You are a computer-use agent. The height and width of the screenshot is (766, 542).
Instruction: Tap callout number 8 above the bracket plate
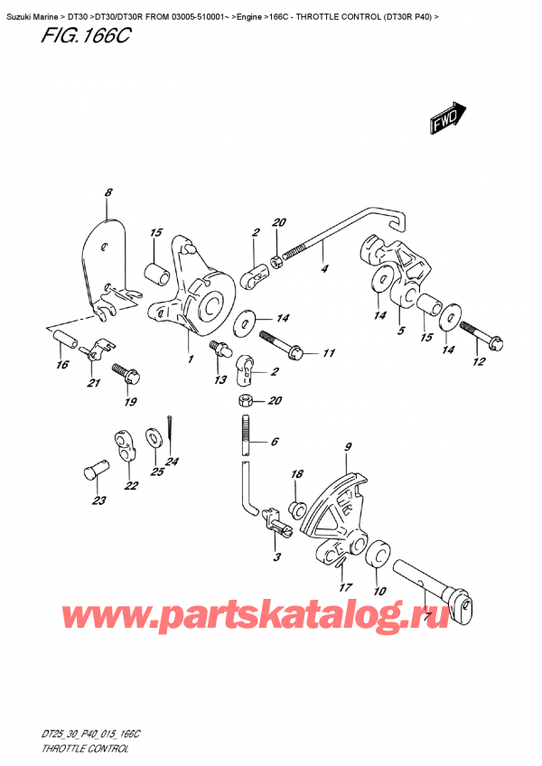click(108, 192)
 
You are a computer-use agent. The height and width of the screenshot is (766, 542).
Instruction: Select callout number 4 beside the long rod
click(324, 268)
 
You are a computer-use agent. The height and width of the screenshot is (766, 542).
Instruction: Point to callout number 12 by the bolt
click(479, 362)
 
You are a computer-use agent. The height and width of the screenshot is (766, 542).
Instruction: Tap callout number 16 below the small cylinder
click(62, 365)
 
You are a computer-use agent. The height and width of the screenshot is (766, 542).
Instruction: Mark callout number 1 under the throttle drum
click(190, 360)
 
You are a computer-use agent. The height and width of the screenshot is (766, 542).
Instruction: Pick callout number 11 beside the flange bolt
click(328, 353)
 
